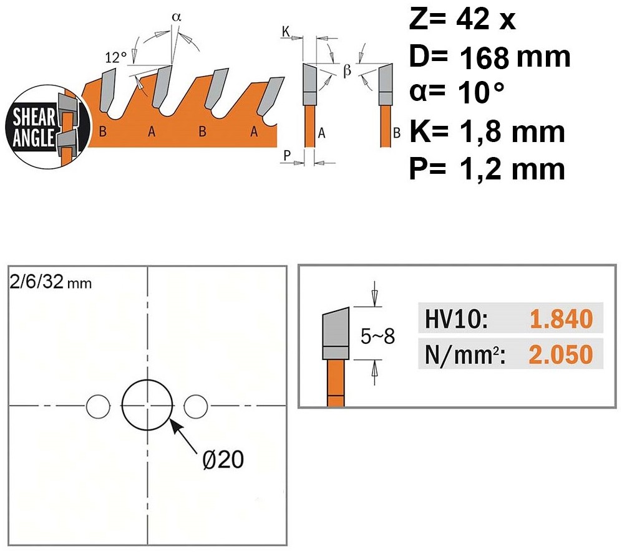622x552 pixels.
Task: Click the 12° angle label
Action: [116, 57]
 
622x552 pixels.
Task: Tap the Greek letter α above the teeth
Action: [177, 17]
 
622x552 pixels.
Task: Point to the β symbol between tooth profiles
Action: [347, 70]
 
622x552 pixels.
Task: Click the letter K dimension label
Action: [286, 31]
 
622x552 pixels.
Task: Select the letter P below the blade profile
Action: [287, 155]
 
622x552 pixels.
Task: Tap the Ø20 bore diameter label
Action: [223, 460]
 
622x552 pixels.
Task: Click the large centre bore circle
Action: [147, 380]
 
